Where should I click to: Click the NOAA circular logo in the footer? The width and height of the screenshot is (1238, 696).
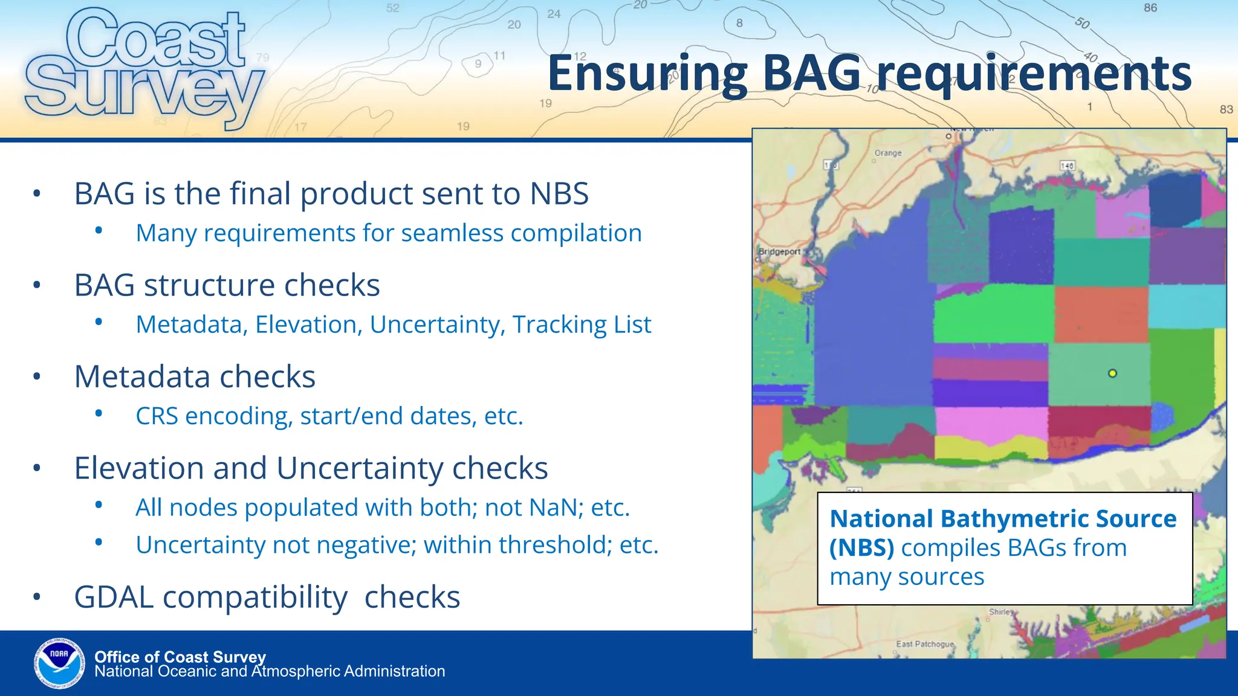tap(59, 663)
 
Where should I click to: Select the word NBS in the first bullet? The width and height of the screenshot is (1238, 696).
tap(559, 194)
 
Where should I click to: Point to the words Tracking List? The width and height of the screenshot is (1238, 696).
tap(582, 325)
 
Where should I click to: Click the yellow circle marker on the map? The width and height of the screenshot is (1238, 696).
tap(1112, 373)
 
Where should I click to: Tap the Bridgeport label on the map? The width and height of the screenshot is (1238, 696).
tap(779, 252)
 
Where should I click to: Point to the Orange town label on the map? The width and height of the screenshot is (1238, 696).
tap(887, 153)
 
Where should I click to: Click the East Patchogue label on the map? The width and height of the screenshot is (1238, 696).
tap(924, 644)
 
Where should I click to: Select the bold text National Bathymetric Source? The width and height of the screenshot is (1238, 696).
tap(1003, 519)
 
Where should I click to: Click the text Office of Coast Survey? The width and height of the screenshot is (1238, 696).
tap(180, 657)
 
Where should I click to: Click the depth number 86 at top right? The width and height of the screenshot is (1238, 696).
tap(1150, 8)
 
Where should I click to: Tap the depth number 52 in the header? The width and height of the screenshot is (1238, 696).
tap(393, 8)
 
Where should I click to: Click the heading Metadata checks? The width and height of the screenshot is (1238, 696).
tap(195, 377)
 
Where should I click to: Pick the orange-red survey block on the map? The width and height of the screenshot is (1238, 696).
tap(1101, 314)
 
